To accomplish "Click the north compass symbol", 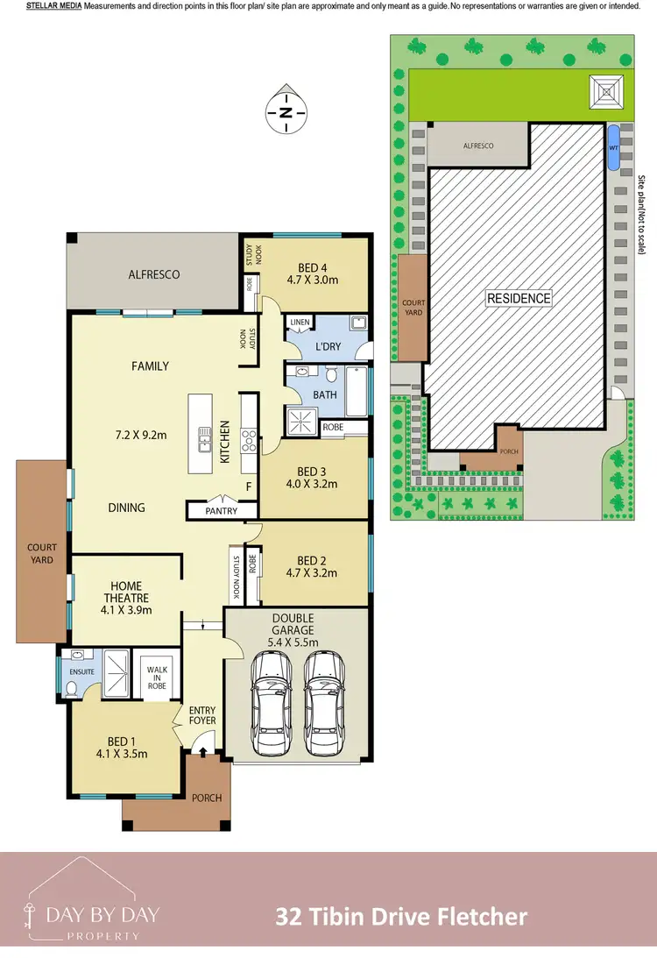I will click(x=286, y=112).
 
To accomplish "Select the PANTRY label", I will click(x=222, y=510).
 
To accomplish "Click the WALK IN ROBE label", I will click(x=158, y=677).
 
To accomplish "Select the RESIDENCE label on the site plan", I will click(x=519, y=298).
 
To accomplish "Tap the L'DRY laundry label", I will click(x=327, y=347).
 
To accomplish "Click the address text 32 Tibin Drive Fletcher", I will click(x=401, y=917).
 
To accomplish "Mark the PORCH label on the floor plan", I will click(x=207, y=798).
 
